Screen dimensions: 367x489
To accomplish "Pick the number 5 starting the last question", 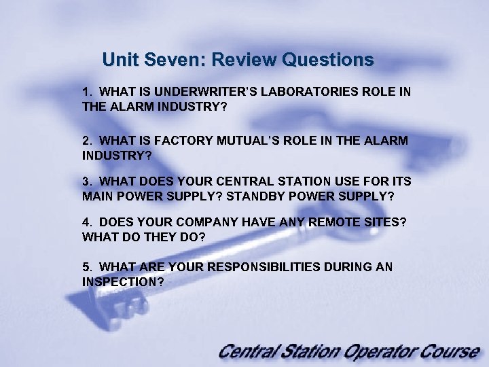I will [86, 267].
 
